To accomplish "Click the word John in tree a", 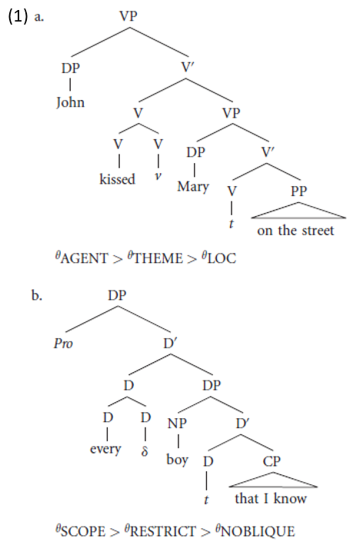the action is [70, 102].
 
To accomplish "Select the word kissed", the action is [117, 179].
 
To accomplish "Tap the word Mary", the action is [193, 187].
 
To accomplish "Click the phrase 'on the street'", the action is [295, 231].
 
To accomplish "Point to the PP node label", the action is [298, 191].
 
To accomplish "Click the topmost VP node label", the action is [128, 16].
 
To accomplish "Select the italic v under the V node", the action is [158, 176].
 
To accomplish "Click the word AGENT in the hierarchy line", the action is [85, 258].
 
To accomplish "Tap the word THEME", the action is [158, 258].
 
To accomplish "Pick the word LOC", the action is [222, 258].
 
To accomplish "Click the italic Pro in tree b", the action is [63, 343].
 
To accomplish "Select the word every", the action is [105, 449].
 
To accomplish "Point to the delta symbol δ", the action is [145, 451].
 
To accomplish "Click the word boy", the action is [177, 460].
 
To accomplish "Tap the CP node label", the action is [272, 461].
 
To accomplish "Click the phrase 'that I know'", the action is [271, 498].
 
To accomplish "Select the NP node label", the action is [177, 424].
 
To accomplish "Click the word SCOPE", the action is [83, 531].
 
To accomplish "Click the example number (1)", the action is [18, 17].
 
